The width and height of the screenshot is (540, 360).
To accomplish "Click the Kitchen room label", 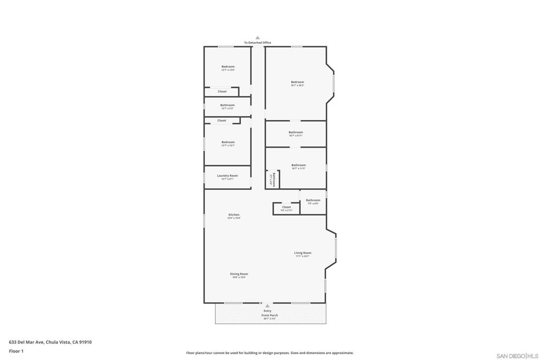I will pos(234,215).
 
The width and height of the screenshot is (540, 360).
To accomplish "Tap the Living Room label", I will pos(302,253).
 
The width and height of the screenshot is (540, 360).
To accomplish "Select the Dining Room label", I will pos(239,274).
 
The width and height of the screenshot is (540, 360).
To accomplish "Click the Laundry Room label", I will pos(227,176).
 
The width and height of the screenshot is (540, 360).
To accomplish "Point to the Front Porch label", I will pos(269,315).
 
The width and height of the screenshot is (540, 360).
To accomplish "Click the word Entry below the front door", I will pos(267,311).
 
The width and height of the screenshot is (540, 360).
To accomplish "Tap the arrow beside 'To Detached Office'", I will pos(257,38).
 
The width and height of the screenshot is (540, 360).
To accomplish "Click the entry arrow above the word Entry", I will pos(267,305).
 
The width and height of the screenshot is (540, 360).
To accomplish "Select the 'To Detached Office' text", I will pos(257,43).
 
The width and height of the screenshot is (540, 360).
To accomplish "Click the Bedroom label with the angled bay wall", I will pos(297,82).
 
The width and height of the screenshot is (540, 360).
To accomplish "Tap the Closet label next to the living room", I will pos(286,207).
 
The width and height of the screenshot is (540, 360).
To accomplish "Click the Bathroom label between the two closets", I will pos(227,105).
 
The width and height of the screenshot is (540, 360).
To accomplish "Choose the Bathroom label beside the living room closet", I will pos(313,200).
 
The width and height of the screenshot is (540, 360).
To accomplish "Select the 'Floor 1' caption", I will pos(16,351).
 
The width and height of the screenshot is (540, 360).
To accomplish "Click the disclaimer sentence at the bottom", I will pos(269,353).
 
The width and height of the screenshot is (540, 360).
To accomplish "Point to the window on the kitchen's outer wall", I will pos(204,220).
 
